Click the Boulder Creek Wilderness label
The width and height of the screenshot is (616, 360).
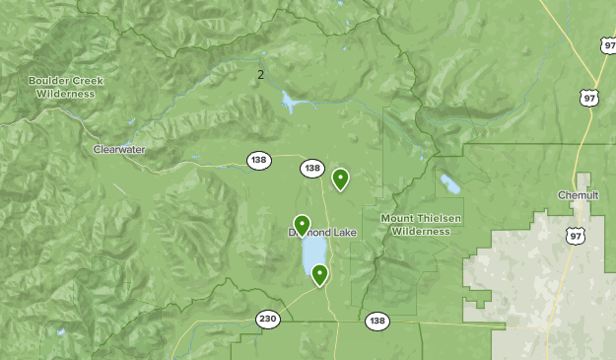click(x=65, y=86)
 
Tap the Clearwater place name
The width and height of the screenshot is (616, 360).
click(x=119, y=149)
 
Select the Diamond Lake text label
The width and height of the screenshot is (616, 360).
click(x=323, y=233)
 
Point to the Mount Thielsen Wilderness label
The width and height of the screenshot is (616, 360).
click(x=421, y=224)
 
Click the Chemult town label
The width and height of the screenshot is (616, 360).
click(x=578, y=195)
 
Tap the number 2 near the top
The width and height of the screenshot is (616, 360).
click(x=260, y=74)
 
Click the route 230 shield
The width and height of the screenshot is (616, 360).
click(x=267, y=319)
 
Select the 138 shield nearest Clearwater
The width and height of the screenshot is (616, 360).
click(x=258, y=160)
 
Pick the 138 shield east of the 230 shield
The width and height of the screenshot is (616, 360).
click(x=376, y=322)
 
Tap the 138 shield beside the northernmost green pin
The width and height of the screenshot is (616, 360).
click(x=312, y=169)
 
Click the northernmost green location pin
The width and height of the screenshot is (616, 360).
click(x=340, y=179)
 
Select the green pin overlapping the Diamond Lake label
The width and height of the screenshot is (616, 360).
click(x=302, y=226)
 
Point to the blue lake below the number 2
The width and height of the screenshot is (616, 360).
click(x=290, y=101)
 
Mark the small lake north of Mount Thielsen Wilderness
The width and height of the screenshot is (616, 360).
click(x=450, y=184)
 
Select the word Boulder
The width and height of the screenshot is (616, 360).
click(x=46, y=80)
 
